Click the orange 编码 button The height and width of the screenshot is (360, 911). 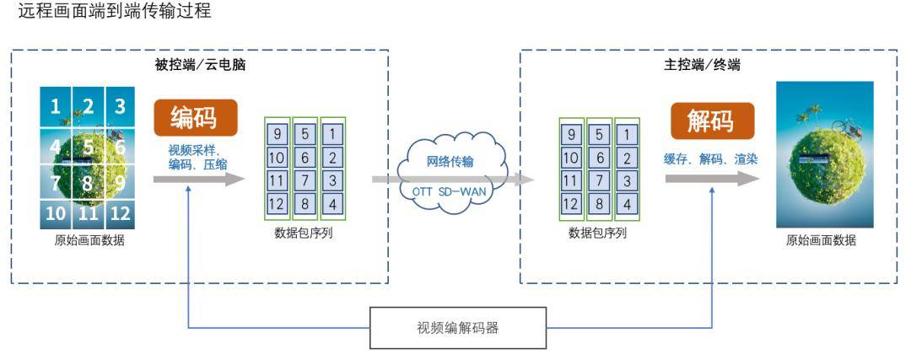click(x=195, y=117)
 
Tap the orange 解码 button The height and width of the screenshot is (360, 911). click(x=712, y=121)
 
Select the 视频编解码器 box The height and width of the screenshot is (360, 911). click(x=458, y=328)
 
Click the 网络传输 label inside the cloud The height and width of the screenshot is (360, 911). click(x=450, y=161)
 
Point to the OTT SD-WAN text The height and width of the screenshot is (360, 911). click(x=450, y=191)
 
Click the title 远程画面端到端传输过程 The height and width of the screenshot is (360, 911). click(x=115, y=11)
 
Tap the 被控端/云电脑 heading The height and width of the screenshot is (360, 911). click(x=200, y=64)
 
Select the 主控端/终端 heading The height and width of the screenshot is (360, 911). click(x=702, y=64)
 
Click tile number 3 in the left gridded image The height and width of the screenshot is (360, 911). click(x=120, y=107)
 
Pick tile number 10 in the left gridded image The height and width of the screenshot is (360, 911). click(x=55, y=213)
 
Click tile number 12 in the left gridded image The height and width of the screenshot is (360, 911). click(x=120, y=213)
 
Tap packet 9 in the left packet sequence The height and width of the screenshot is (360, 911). click(x=278, y=134)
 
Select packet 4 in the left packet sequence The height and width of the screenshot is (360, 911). click(x=333, y=204)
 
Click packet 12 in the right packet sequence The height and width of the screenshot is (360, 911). click(x=570, y=204)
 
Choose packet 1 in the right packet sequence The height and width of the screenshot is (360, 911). click(x=626, y=134)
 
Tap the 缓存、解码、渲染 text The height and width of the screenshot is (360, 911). click(x=711, y=159)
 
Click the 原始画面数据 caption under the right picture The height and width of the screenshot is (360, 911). click(x=821, y=240)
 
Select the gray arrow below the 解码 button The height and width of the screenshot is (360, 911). click(x=712, y=180)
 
